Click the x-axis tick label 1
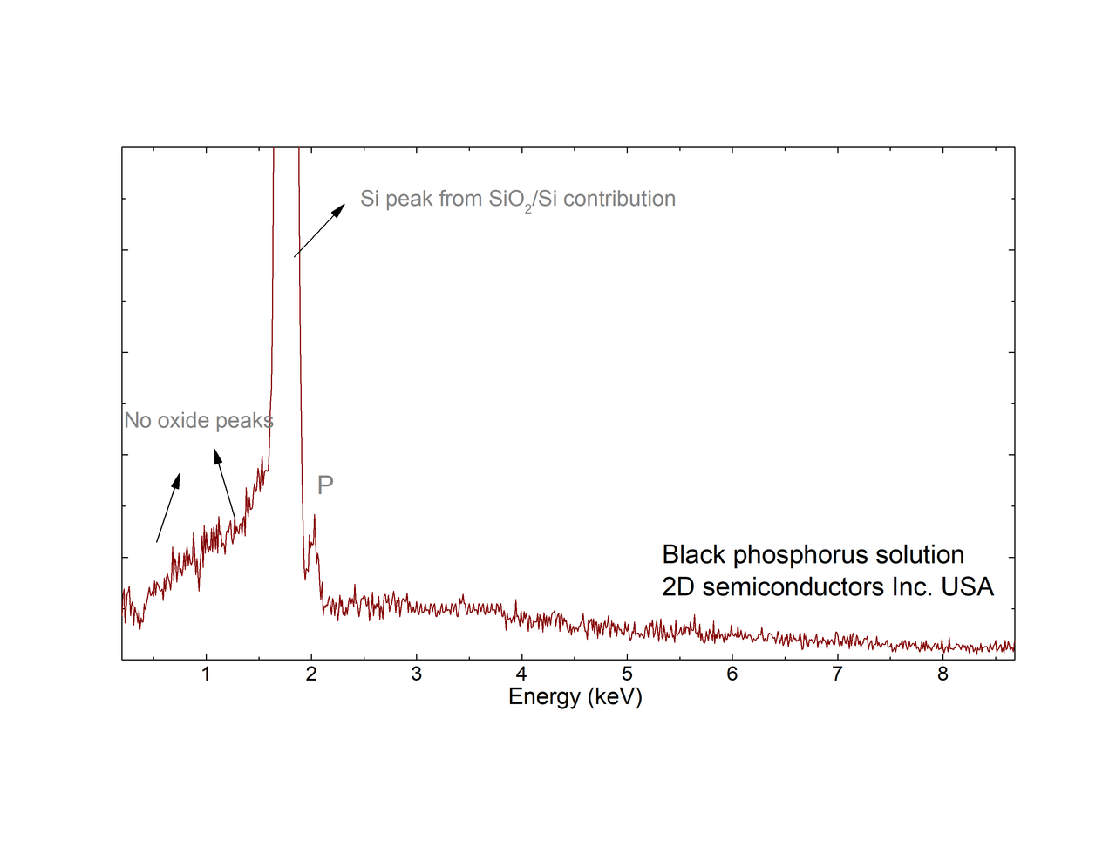pos(206,674)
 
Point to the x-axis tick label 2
pos(311,674)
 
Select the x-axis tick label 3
pos(417,674)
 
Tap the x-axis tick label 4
pos(521,674)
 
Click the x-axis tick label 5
pos(627,674)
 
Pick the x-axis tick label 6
pos(732,674)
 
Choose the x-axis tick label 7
pos(837,674)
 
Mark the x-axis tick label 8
pos(942,674)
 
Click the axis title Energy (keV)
pos(575,696)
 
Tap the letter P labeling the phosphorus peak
pos(325,485)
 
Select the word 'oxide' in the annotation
pos(186,421)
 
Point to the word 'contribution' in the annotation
pos(619,199)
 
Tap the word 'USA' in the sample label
pos(967,586)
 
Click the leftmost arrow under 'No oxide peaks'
pos(168,508)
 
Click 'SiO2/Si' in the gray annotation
pos(522,200)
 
